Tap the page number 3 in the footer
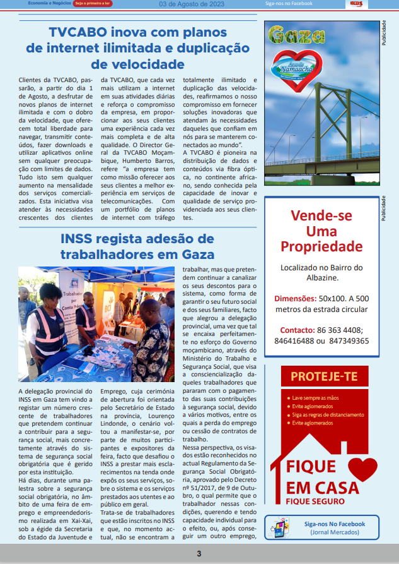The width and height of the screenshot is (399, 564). point(199,554)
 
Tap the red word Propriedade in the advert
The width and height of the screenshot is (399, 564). point(321,246)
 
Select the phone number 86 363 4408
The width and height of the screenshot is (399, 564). point(339,330)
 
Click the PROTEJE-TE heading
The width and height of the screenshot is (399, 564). point(323,378)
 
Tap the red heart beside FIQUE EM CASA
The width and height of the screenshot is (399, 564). point(362,471)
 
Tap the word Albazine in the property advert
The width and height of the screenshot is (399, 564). point(321,277)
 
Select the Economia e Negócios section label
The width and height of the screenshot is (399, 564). point(49,3)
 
